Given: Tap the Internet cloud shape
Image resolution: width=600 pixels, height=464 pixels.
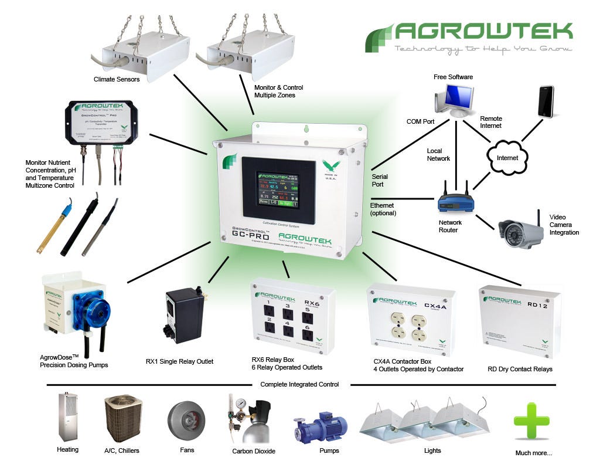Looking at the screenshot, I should (x=507, y=157).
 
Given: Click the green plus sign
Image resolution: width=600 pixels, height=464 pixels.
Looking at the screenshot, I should (x=531, y=421).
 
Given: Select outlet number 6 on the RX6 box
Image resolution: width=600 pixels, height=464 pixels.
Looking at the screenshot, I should (x=308, y=333).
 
